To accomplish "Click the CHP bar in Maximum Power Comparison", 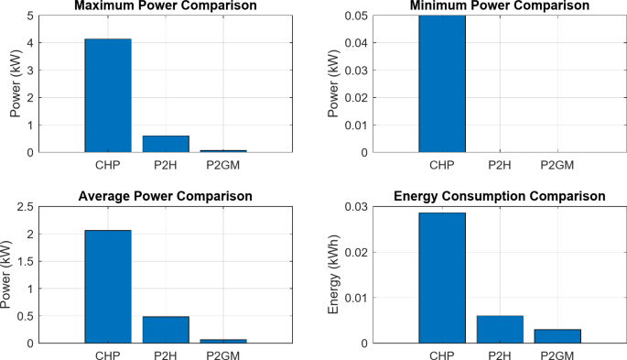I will point(108,95).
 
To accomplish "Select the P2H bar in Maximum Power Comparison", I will point(166,144).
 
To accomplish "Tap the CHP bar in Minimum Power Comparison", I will point(442,83).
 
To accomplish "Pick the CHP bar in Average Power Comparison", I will point(108,287).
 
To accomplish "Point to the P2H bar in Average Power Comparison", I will point(166,330).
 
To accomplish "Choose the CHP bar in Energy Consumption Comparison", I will point(442,278).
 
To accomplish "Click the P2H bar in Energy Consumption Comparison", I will point(500,330).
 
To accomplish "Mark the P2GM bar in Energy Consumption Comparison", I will point(557,336).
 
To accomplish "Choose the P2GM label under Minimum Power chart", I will point(557,165).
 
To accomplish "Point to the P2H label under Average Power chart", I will point(166,355).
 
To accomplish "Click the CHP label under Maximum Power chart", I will point(108,165).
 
